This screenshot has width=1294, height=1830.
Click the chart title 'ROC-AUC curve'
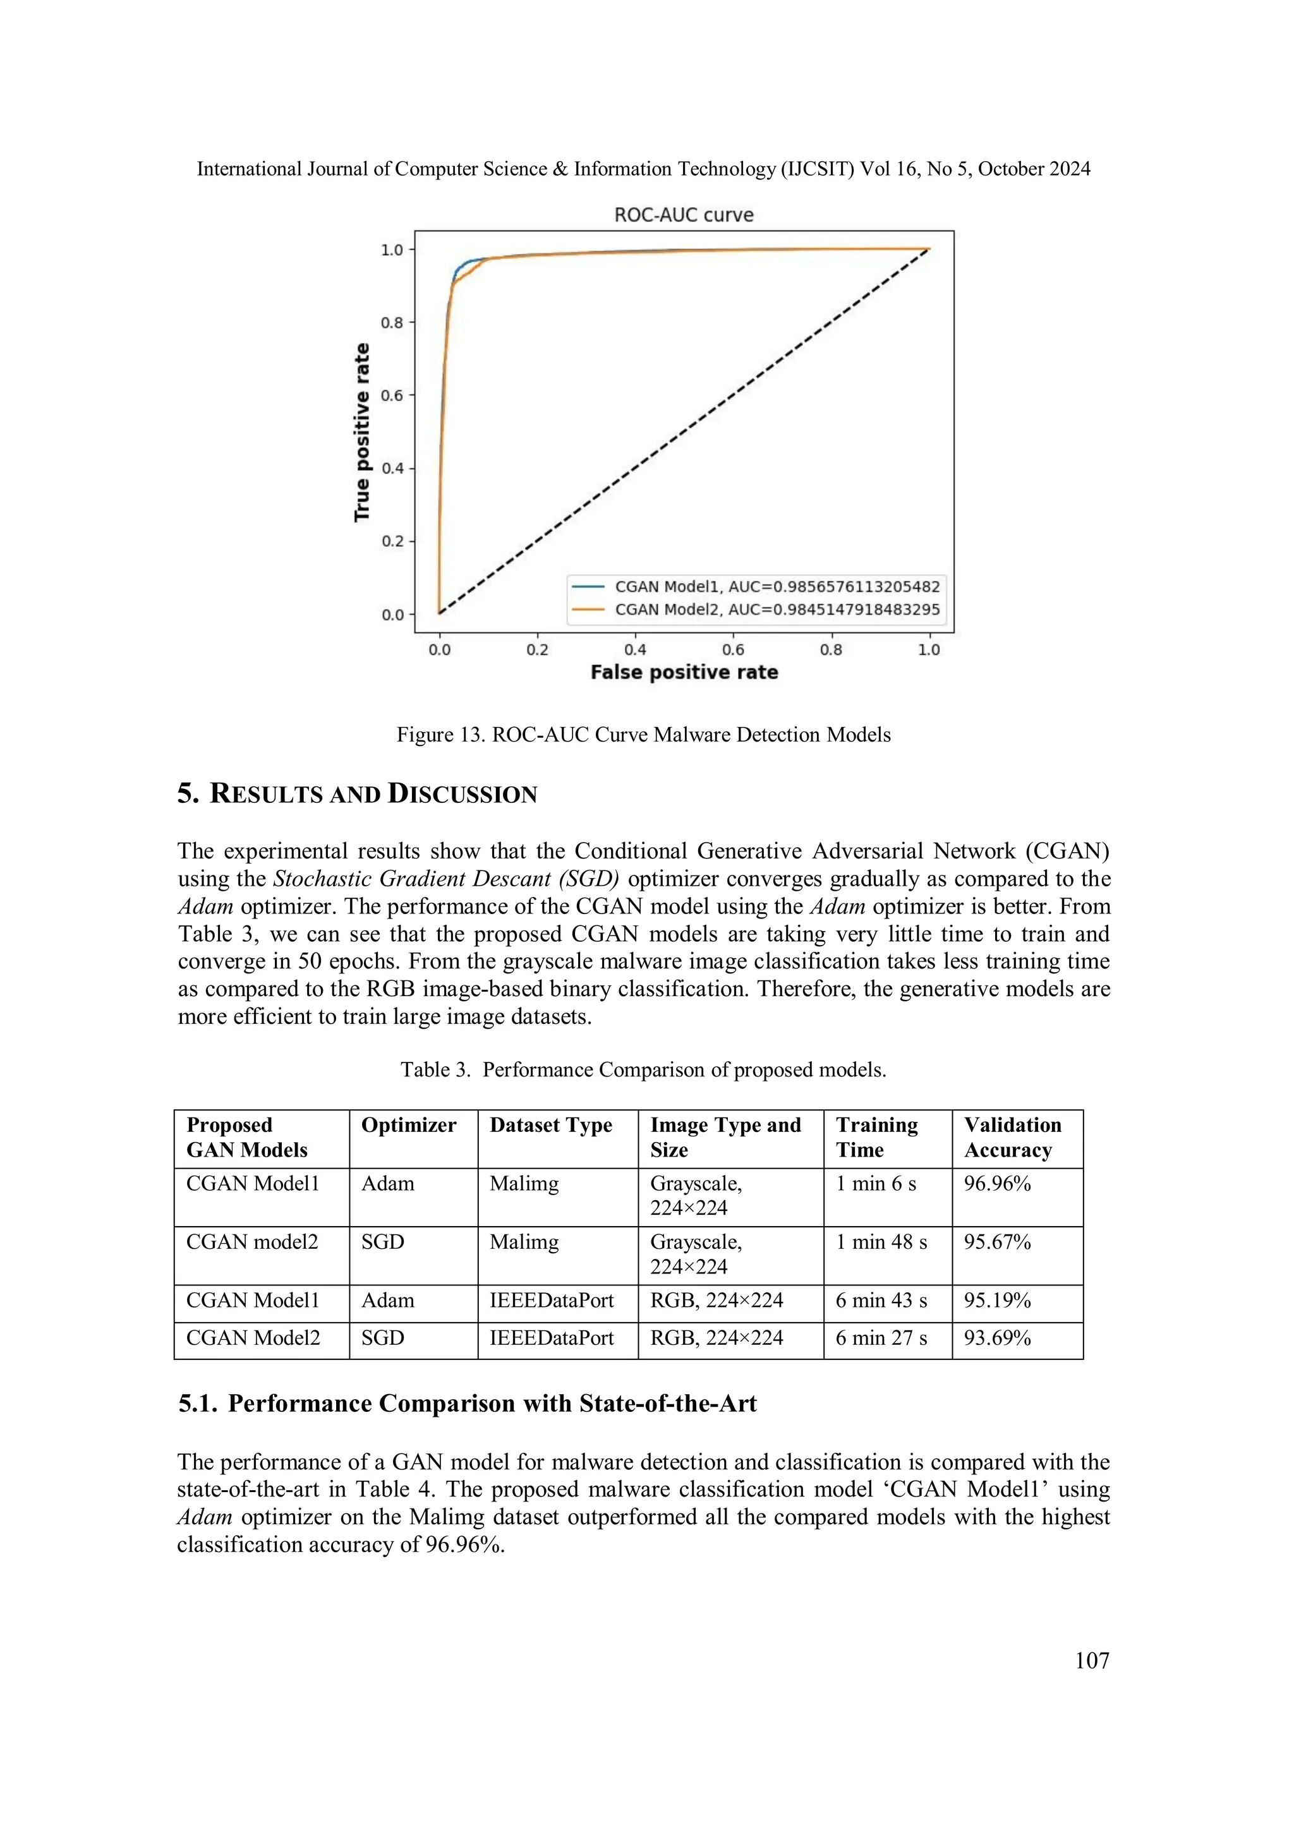coord(683,215)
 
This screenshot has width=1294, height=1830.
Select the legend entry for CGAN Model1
coord(777,587)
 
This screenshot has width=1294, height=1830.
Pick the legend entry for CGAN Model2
coord(777,610)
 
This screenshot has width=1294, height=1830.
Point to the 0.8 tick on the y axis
coord(392,323)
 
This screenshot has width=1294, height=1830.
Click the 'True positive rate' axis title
coord(362,433)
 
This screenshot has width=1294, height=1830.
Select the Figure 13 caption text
coord(643,735)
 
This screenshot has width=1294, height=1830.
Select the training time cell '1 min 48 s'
coord(881,1242)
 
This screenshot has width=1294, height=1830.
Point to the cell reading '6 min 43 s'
coord(881,1300)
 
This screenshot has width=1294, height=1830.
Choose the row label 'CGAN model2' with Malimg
coord(252,1242)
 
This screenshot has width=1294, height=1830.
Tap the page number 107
coord(1091,1660)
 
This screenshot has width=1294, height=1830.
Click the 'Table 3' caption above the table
coord(643,1069)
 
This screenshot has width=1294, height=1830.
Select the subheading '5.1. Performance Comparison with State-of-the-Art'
coord(467,1404)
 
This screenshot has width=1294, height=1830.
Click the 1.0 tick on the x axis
coord(929,649)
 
